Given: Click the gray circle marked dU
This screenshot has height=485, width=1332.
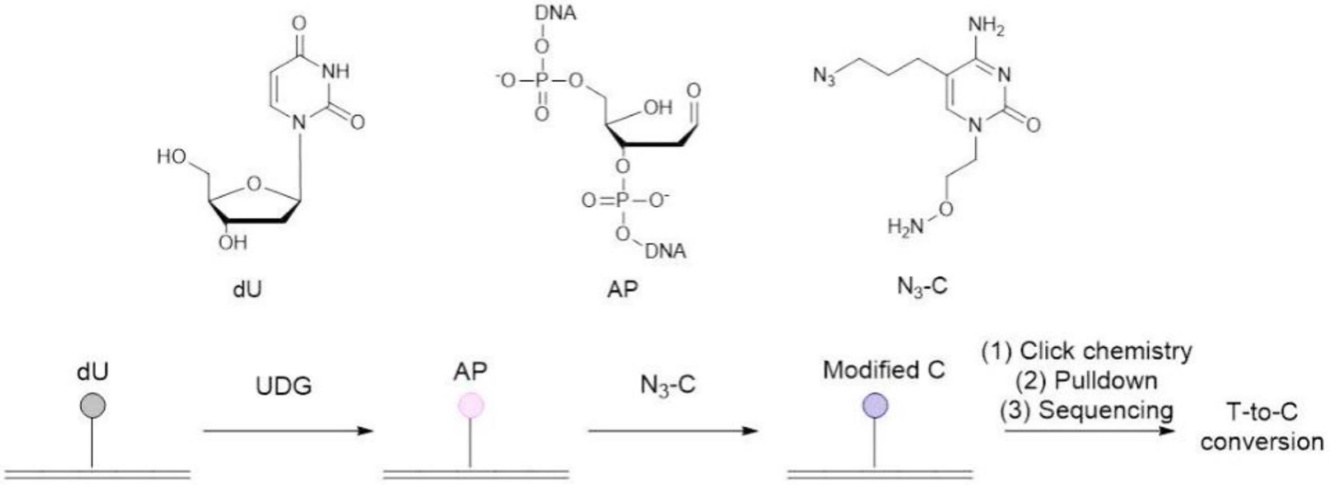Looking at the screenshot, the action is coord(92,405).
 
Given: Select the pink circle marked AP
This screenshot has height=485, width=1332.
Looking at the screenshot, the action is coord(471,405).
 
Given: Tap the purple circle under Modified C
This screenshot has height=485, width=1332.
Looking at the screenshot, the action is coord(874,405).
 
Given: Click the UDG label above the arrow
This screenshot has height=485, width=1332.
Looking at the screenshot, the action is coord(283,386).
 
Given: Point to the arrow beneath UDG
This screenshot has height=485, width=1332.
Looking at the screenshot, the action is coord(288,431).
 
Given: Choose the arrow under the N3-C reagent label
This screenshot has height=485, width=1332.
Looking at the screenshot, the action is coord(673,431).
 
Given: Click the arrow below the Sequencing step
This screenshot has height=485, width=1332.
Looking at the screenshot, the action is coord(1089,431).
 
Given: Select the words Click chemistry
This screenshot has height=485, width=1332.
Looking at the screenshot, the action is coord(1106,352).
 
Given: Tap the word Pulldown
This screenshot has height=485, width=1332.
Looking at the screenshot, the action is coord(1106,381).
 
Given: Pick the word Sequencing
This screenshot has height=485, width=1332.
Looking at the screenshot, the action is coord(1106,411).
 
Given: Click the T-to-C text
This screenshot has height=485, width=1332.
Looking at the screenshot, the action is coord(1261,413).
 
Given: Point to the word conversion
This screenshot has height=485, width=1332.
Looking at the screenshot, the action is coord(1261,442).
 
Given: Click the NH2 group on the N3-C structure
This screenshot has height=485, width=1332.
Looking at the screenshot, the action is coord(986,26).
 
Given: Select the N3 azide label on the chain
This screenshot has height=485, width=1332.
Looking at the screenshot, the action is coord(825,76).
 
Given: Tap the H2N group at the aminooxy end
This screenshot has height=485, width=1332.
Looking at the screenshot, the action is coord(906,227).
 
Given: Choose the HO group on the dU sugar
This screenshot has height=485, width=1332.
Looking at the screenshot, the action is coord(171,157).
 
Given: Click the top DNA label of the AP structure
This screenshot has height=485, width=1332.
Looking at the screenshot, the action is coord(555,13).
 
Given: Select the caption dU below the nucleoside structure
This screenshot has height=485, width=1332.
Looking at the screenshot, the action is coord(247,290).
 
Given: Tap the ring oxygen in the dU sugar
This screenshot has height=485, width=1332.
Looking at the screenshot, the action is coord(254,184).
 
